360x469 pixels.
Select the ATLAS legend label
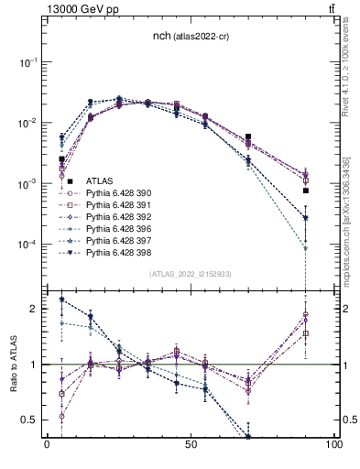point(99,183)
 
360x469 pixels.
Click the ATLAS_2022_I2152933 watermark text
point(191,274)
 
